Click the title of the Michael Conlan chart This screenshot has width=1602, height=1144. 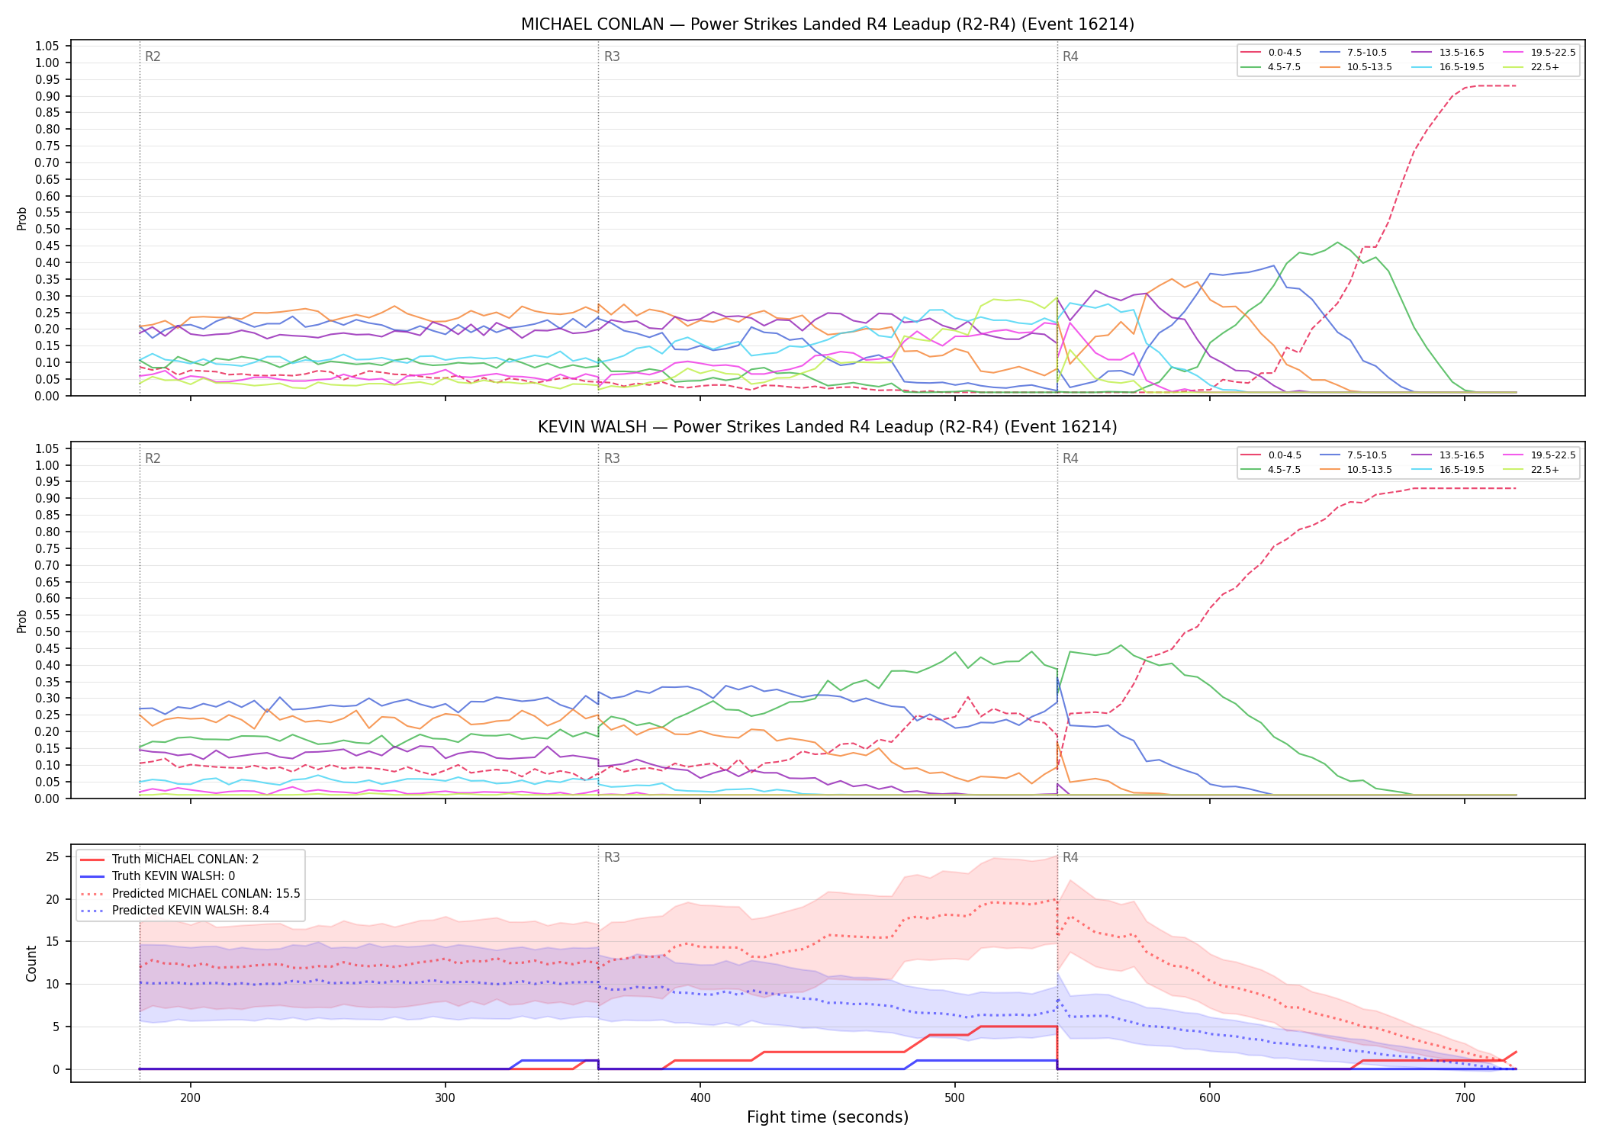[828, 24]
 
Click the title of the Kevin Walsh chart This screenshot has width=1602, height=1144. [828, 427]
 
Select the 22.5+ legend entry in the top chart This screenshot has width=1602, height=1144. [1533, 67]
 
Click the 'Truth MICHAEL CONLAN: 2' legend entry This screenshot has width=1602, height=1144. [170, 860]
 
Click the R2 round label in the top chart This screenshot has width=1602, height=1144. [153, 56]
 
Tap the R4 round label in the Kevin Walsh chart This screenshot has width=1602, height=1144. [1070, 458]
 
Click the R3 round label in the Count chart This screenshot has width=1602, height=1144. [612, 857]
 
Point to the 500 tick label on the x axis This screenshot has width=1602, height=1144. [955, 1097]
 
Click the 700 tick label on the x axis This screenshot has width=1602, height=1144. [1465, 1097]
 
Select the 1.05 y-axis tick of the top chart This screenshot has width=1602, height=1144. [47, 47]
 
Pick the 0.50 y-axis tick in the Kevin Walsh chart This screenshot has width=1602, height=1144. [47, 632]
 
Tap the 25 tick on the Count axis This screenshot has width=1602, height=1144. [53, 856]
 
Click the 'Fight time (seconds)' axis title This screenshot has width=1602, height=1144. [828, 1117]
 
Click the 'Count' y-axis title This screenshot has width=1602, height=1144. [31, 963]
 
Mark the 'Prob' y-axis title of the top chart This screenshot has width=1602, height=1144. [22, 218]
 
